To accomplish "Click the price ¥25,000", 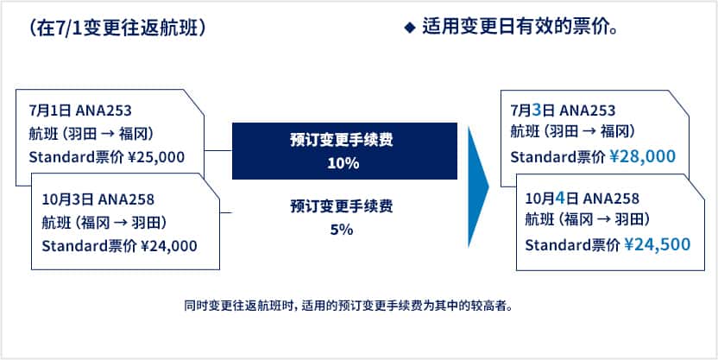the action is (x=155, y=157).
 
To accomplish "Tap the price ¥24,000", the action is (x=168, y=246).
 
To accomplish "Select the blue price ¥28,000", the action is (x=642, y=157).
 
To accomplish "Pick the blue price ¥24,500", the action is (x=657, y=245).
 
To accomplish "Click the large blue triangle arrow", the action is (x=478, y=186).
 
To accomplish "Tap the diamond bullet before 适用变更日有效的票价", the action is (x=409, y=28).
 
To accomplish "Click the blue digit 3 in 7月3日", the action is (x=538, y=111).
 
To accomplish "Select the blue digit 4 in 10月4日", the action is (x=559, y=199).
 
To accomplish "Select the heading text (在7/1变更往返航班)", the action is (x=117, y=28).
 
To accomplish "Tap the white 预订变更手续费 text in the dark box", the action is (x=342, y=140).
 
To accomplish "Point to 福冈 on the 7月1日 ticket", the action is (x=132, y=134).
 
